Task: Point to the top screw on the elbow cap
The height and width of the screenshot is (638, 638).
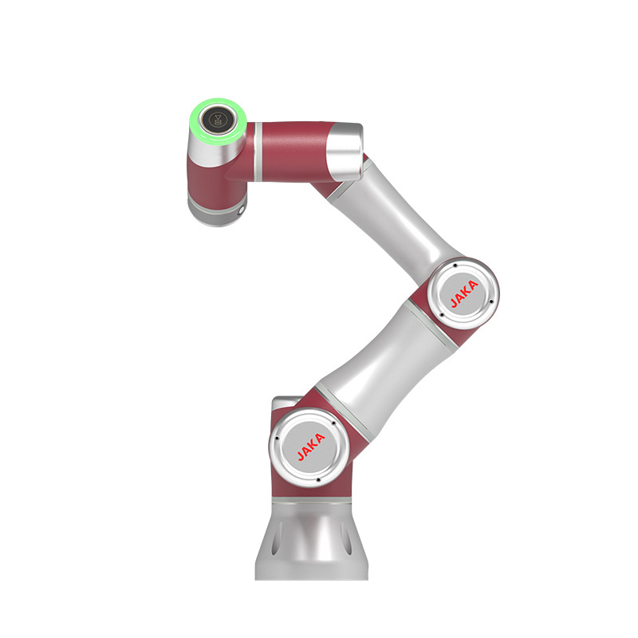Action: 452,266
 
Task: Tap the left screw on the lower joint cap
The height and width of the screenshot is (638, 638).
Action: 276,439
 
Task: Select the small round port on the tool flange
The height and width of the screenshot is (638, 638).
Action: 242,211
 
